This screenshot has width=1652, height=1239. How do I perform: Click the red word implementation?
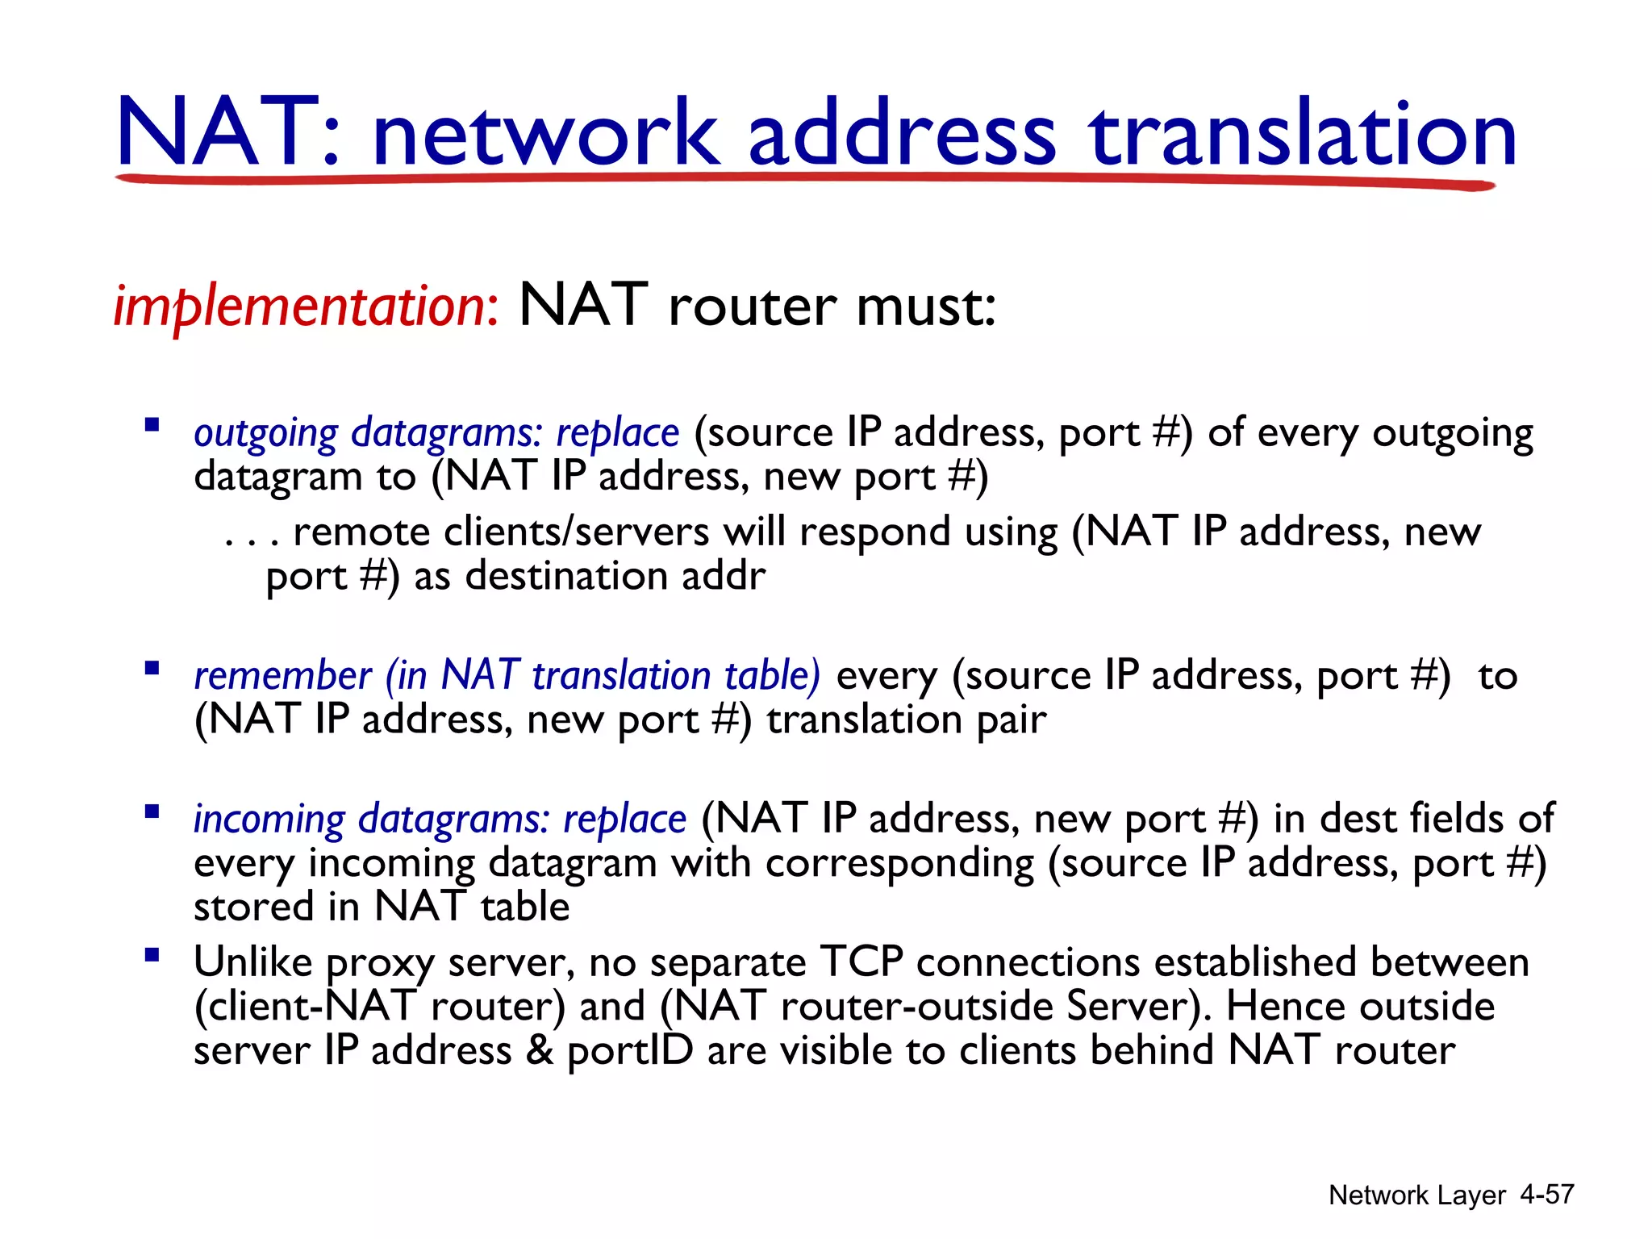(306, 307)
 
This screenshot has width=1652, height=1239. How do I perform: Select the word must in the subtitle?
(924, 307)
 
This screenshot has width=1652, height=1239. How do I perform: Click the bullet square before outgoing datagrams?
(152, 424)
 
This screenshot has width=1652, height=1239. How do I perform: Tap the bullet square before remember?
(152, 668)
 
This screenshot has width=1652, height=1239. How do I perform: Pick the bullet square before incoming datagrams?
(152, 811)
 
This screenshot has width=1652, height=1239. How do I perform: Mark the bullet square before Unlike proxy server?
(152, 955)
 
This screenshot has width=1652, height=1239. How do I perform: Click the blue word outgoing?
(266, 435)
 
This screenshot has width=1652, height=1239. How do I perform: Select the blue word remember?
(282, 676)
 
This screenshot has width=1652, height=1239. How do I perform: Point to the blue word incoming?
(269, 820)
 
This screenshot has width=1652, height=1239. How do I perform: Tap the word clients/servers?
(576, 532)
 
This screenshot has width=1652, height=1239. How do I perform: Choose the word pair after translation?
(1012, 720)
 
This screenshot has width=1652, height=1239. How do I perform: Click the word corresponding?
(899, 864)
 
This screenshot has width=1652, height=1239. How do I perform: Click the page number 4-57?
(1546, 1195)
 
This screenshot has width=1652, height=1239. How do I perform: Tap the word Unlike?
(252, 962)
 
